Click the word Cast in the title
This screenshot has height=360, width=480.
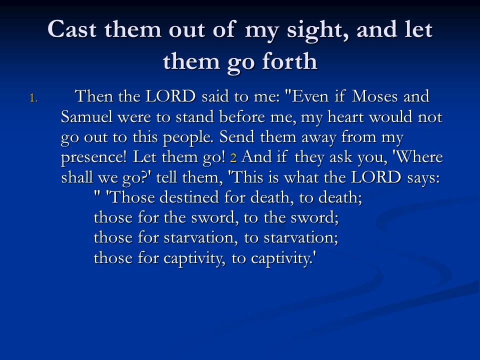coord(72,29)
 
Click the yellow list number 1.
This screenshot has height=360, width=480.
coord(33,98)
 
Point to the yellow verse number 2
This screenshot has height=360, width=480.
coord(233,158)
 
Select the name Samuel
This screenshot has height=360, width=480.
coord(86,116)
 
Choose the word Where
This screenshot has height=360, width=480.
coord(417,157)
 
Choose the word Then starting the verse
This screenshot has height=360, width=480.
coord(93,96)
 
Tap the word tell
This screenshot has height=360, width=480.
coord(166,177)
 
